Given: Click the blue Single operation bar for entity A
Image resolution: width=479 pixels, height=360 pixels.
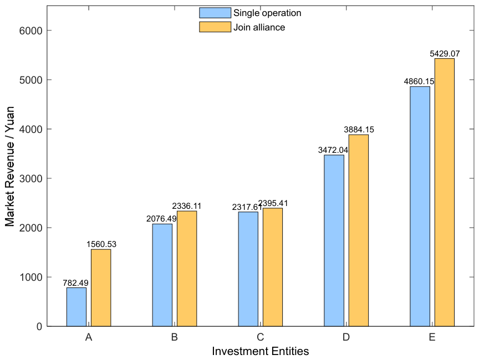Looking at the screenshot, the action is [77, 307].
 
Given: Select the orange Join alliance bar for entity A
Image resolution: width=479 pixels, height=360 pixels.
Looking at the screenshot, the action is [101, 287].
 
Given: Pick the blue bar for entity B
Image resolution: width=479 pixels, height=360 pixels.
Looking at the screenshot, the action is [162, 275].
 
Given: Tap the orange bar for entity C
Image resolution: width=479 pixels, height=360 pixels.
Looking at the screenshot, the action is [273, 268].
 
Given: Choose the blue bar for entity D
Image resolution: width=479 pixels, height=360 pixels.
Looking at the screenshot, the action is [334, 241].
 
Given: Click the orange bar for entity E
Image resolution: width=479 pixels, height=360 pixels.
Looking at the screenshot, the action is [445, 192].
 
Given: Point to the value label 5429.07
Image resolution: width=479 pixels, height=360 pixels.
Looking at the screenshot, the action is [445, 54].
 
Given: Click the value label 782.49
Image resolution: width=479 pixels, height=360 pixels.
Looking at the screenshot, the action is [75, 283].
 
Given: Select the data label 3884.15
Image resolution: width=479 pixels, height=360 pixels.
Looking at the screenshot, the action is [359, 130].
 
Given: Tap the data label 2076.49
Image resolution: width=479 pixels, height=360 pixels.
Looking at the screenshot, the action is [161, 219].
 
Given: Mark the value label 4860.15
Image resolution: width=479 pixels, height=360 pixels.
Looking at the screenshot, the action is [419, 81].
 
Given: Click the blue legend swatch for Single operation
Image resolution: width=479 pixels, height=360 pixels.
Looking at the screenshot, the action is [215, 13].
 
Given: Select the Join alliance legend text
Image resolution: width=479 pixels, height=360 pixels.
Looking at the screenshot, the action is [259, 28].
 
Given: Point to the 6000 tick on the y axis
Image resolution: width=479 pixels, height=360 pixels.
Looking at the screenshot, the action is [31, 30].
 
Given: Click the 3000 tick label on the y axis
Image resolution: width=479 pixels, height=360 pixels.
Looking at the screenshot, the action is [31, 178].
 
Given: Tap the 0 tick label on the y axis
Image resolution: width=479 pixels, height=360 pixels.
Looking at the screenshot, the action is [39, 326].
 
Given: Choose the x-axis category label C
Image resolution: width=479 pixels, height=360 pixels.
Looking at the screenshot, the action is [260, 337].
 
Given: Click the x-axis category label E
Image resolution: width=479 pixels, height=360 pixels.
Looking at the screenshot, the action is [432, 337].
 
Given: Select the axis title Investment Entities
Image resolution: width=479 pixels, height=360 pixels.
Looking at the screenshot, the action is [260, 351].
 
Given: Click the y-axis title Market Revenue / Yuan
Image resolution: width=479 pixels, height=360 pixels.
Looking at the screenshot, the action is [10, 166].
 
